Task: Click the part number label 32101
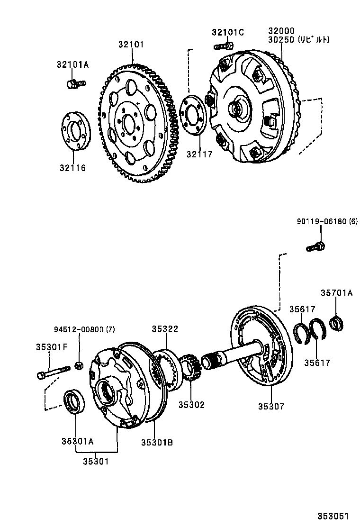(131, 45)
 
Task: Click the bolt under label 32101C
(224, 46)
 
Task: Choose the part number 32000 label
(281, 31)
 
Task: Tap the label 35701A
(336, 293)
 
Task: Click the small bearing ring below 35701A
(337, 323)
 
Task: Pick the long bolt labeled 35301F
(53, 371)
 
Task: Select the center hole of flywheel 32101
(128, 123)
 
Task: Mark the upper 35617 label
(302, 309)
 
